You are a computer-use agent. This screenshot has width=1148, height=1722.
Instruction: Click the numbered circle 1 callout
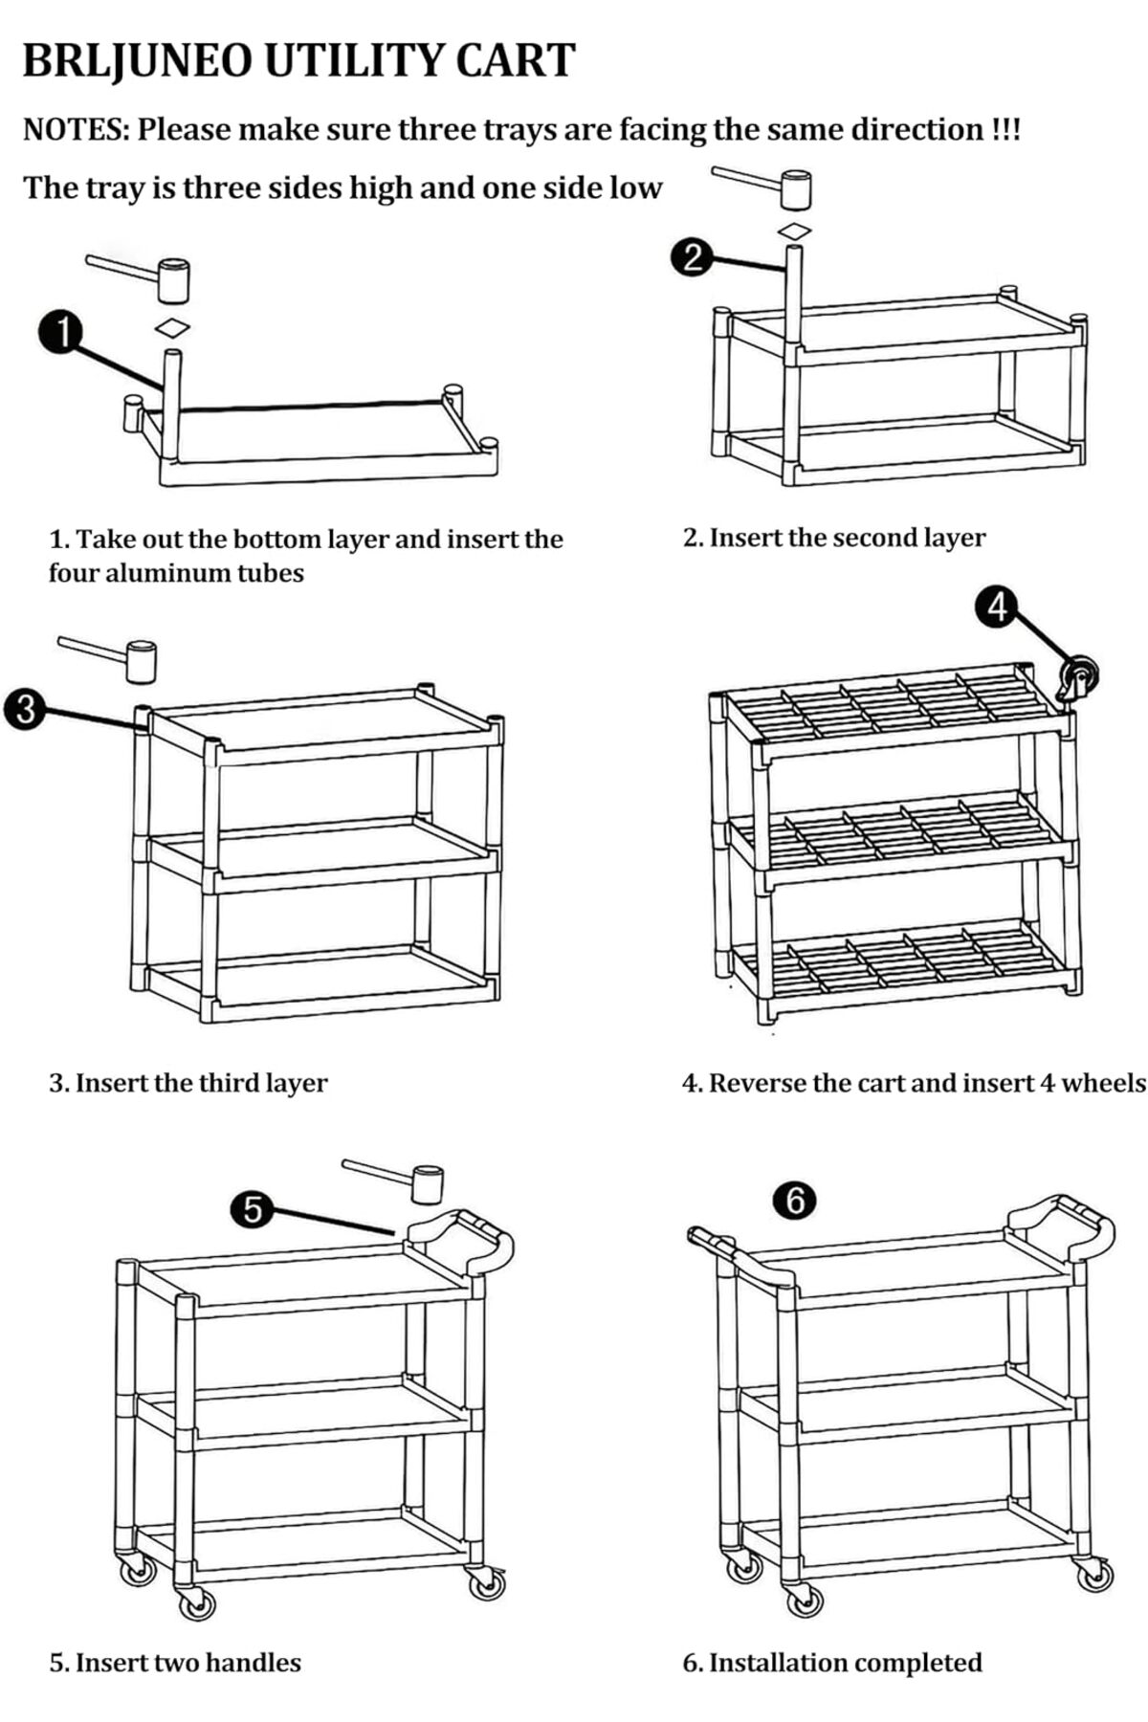[x=60, y=333]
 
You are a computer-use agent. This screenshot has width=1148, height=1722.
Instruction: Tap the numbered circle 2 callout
[x=692, y=258]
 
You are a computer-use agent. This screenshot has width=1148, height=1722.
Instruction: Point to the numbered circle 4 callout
[x=997, y=607]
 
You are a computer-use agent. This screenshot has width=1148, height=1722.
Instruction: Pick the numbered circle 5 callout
[x=252, y=1210]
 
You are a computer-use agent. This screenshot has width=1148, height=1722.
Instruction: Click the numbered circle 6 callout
[x=795, y=1200]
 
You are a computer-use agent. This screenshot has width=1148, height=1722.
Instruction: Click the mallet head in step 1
[x=174, y=278]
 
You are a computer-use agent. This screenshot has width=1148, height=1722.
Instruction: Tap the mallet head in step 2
[x=796, y=189]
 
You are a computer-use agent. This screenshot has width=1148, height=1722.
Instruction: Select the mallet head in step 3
[x=142, y=661]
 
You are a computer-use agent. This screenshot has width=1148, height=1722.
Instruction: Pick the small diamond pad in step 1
[x=172, y=328]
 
